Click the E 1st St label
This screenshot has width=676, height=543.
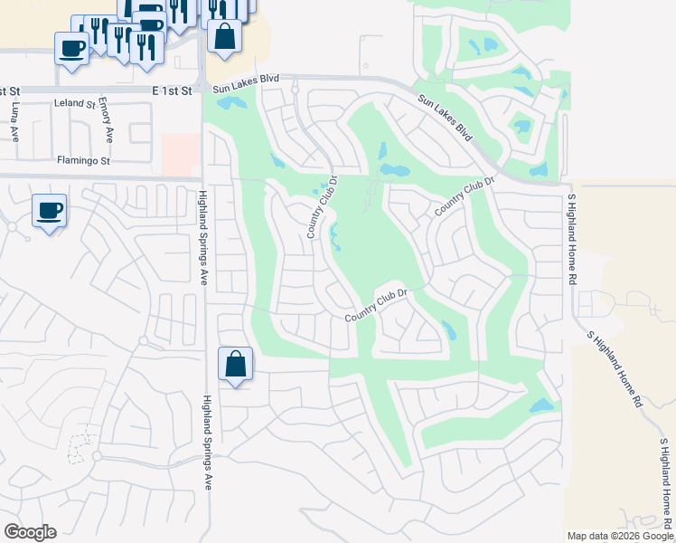(174, 91)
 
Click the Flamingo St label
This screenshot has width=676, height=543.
(82, 162)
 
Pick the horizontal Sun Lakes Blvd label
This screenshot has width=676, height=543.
(246, 80)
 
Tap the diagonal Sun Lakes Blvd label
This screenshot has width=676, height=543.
(446, 117)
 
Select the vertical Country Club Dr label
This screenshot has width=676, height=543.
(321, 207)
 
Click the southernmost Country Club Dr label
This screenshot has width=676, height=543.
(377, 305)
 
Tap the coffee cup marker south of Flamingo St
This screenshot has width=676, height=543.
(49, 211)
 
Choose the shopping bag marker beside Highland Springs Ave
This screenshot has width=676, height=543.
(235, 365)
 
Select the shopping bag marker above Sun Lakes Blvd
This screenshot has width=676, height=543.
(224, 37)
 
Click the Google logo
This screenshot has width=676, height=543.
(30, 532)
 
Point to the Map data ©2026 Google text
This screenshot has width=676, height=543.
(620, 536)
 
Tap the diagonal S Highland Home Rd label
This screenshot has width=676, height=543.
(615, 368)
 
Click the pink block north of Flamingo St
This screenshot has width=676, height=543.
(182, 155)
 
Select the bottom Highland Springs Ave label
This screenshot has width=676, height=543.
(207, 443)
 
